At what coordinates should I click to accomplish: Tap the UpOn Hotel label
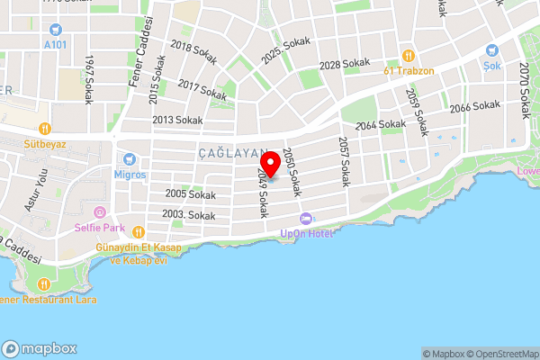[x=308, y=234]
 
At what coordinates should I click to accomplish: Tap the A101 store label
[x=56, y=43]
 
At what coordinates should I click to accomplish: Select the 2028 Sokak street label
[x=345, y=64]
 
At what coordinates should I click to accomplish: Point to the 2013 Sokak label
[x=176, y=120]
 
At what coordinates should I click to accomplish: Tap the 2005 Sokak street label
[x=190, y=193]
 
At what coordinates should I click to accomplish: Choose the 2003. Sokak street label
[x=188, y=215]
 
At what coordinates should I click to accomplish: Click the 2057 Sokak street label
[x=343, y=162]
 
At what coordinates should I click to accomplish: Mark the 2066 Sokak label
[x=474, y=106]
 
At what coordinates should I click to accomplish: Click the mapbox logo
[x=40, y=348]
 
